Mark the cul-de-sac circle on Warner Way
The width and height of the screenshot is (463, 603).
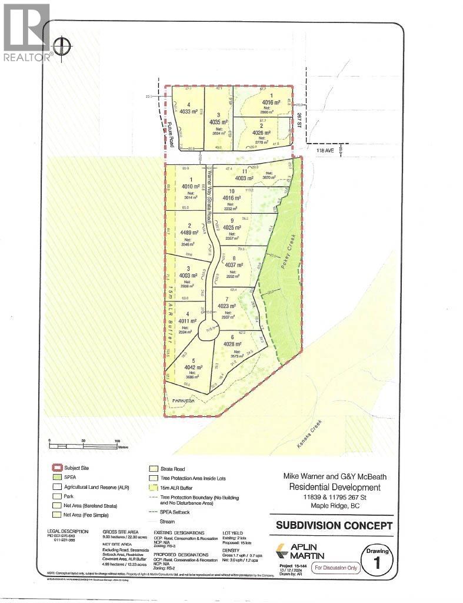coord(208,330)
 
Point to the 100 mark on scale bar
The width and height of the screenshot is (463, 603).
coord(117,442)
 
